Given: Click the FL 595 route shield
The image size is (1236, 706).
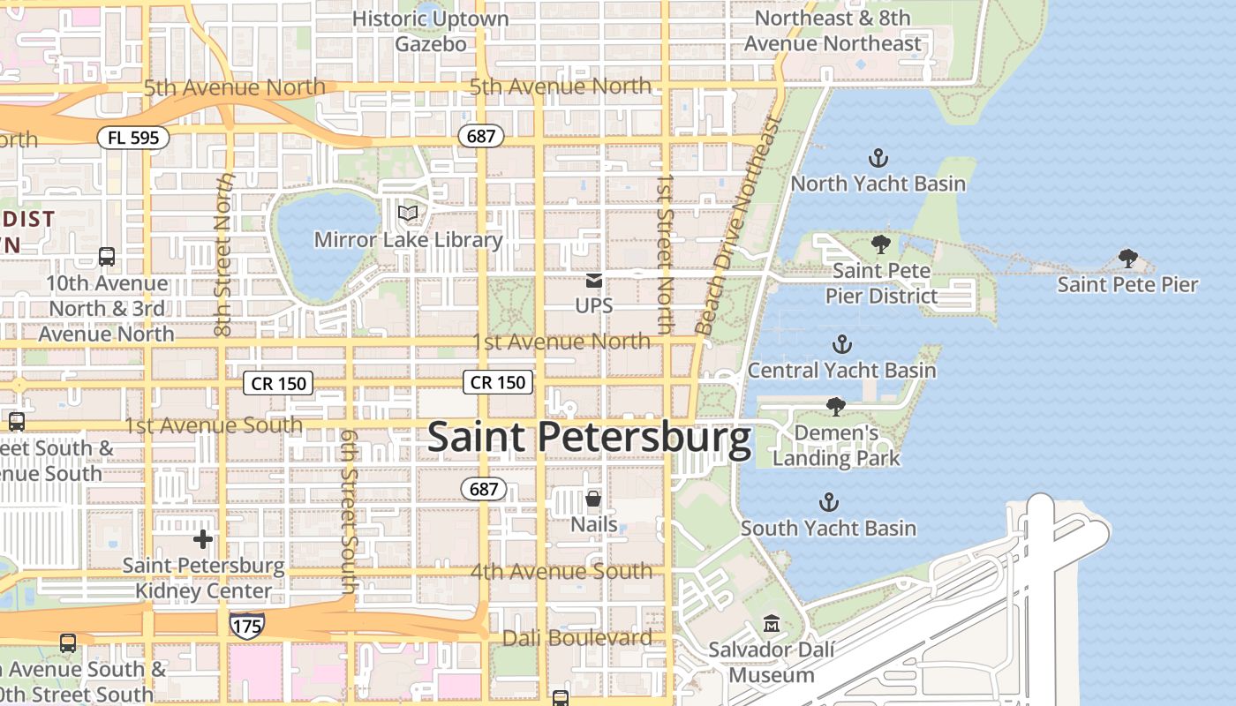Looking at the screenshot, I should tap(133, 138).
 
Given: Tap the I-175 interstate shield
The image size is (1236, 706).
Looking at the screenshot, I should tap(247, 625).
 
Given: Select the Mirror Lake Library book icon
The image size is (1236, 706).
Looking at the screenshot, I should tap(407, 214).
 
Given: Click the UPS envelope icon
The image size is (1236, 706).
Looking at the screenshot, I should tap(594, 282).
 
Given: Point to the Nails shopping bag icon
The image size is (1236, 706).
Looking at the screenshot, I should tap(593, 499).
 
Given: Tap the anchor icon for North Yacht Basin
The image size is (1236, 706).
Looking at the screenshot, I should tap(878, 159).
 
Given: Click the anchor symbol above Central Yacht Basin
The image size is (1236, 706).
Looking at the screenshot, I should tap(842, 344).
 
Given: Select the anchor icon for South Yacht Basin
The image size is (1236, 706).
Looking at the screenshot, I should tap(828, 503).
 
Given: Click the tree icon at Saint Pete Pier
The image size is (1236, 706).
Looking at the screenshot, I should tap(1127, 259).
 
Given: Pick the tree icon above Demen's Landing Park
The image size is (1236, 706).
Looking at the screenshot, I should tap(835, 407).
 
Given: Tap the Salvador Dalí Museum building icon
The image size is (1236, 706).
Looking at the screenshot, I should tap(772, 624).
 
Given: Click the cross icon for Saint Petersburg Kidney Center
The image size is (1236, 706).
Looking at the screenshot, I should tap(203, 539).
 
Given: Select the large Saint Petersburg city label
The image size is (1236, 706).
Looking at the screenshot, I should tap(590, 439).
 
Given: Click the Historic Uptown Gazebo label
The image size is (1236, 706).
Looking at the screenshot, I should tap(431, 31).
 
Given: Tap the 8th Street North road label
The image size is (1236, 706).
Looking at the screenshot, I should tap(223, 254).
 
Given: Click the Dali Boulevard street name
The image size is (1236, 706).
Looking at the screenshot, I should tap(577, 637).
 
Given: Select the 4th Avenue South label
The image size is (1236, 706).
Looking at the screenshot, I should tap(561, 571).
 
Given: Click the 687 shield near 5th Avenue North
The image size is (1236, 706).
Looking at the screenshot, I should tap(481, 136).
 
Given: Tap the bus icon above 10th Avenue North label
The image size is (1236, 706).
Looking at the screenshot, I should tap(107, 257).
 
